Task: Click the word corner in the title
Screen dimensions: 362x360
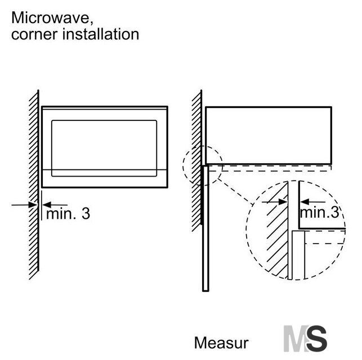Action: pos(34,34)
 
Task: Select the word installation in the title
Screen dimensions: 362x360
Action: pos(101,34)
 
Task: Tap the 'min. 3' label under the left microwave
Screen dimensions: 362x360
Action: pos(68,214)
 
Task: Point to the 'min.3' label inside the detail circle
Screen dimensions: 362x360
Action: pos(319,212)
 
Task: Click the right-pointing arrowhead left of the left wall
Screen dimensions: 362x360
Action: pos(33,205)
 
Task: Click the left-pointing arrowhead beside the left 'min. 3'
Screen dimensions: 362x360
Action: pos(47,205)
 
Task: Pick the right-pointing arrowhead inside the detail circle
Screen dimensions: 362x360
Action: pos(283,202)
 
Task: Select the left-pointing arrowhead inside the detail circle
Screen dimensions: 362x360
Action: pos(305,202)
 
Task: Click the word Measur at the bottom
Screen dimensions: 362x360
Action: pos(221,343)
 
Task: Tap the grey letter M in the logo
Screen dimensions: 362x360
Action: pos(296,338)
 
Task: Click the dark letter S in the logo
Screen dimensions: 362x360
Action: pos(317,338)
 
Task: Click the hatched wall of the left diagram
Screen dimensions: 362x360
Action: pos(34,184)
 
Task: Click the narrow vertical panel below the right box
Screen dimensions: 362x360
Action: pos(205,228)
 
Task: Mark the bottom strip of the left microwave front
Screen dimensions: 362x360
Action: pos(105,179)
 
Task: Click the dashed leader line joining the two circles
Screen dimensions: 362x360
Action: pos(235,191)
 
